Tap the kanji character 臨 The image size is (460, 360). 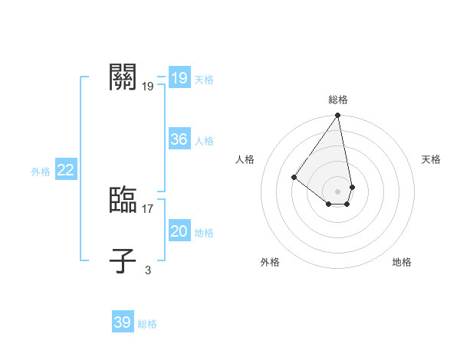[x=124, y=200]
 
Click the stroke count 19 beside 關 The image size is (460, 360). [x=148, y=87]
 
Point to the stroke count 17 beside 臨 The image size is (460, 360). [x=148, y=208]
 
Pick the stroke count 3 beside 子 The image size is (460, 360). [x=148, y=270]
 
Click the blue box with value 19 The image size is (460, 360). [x=179, y=78]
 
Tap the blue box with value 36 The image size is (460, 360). [x=179, y=139]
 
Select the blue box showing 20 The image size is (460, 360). [x=179, y=231]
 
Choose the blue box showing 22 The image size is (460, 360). [x=65, y=170]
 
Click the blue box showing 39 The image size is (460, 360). [x=122, y=322]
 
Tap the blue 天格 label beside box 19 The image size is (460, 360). [x=204, y=80]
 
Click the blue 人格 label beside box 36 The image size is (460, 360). [x=204, y=141]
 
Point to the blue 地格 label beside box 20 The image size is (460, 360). [x=204, y=233]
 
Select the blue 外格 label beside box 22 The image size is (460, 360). [x=41, y=172]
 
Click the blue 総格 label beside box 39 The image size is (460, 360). [x=147, y=324]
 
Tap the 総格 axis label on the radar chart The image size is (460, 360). [x=338, y=100]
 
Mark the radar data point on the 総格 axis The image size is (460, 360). [x=338, y=116]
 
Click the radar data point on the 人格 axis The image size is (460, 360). [x=294, y=177]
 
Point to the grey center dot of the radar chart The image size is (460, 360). [x=338, y=191]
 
